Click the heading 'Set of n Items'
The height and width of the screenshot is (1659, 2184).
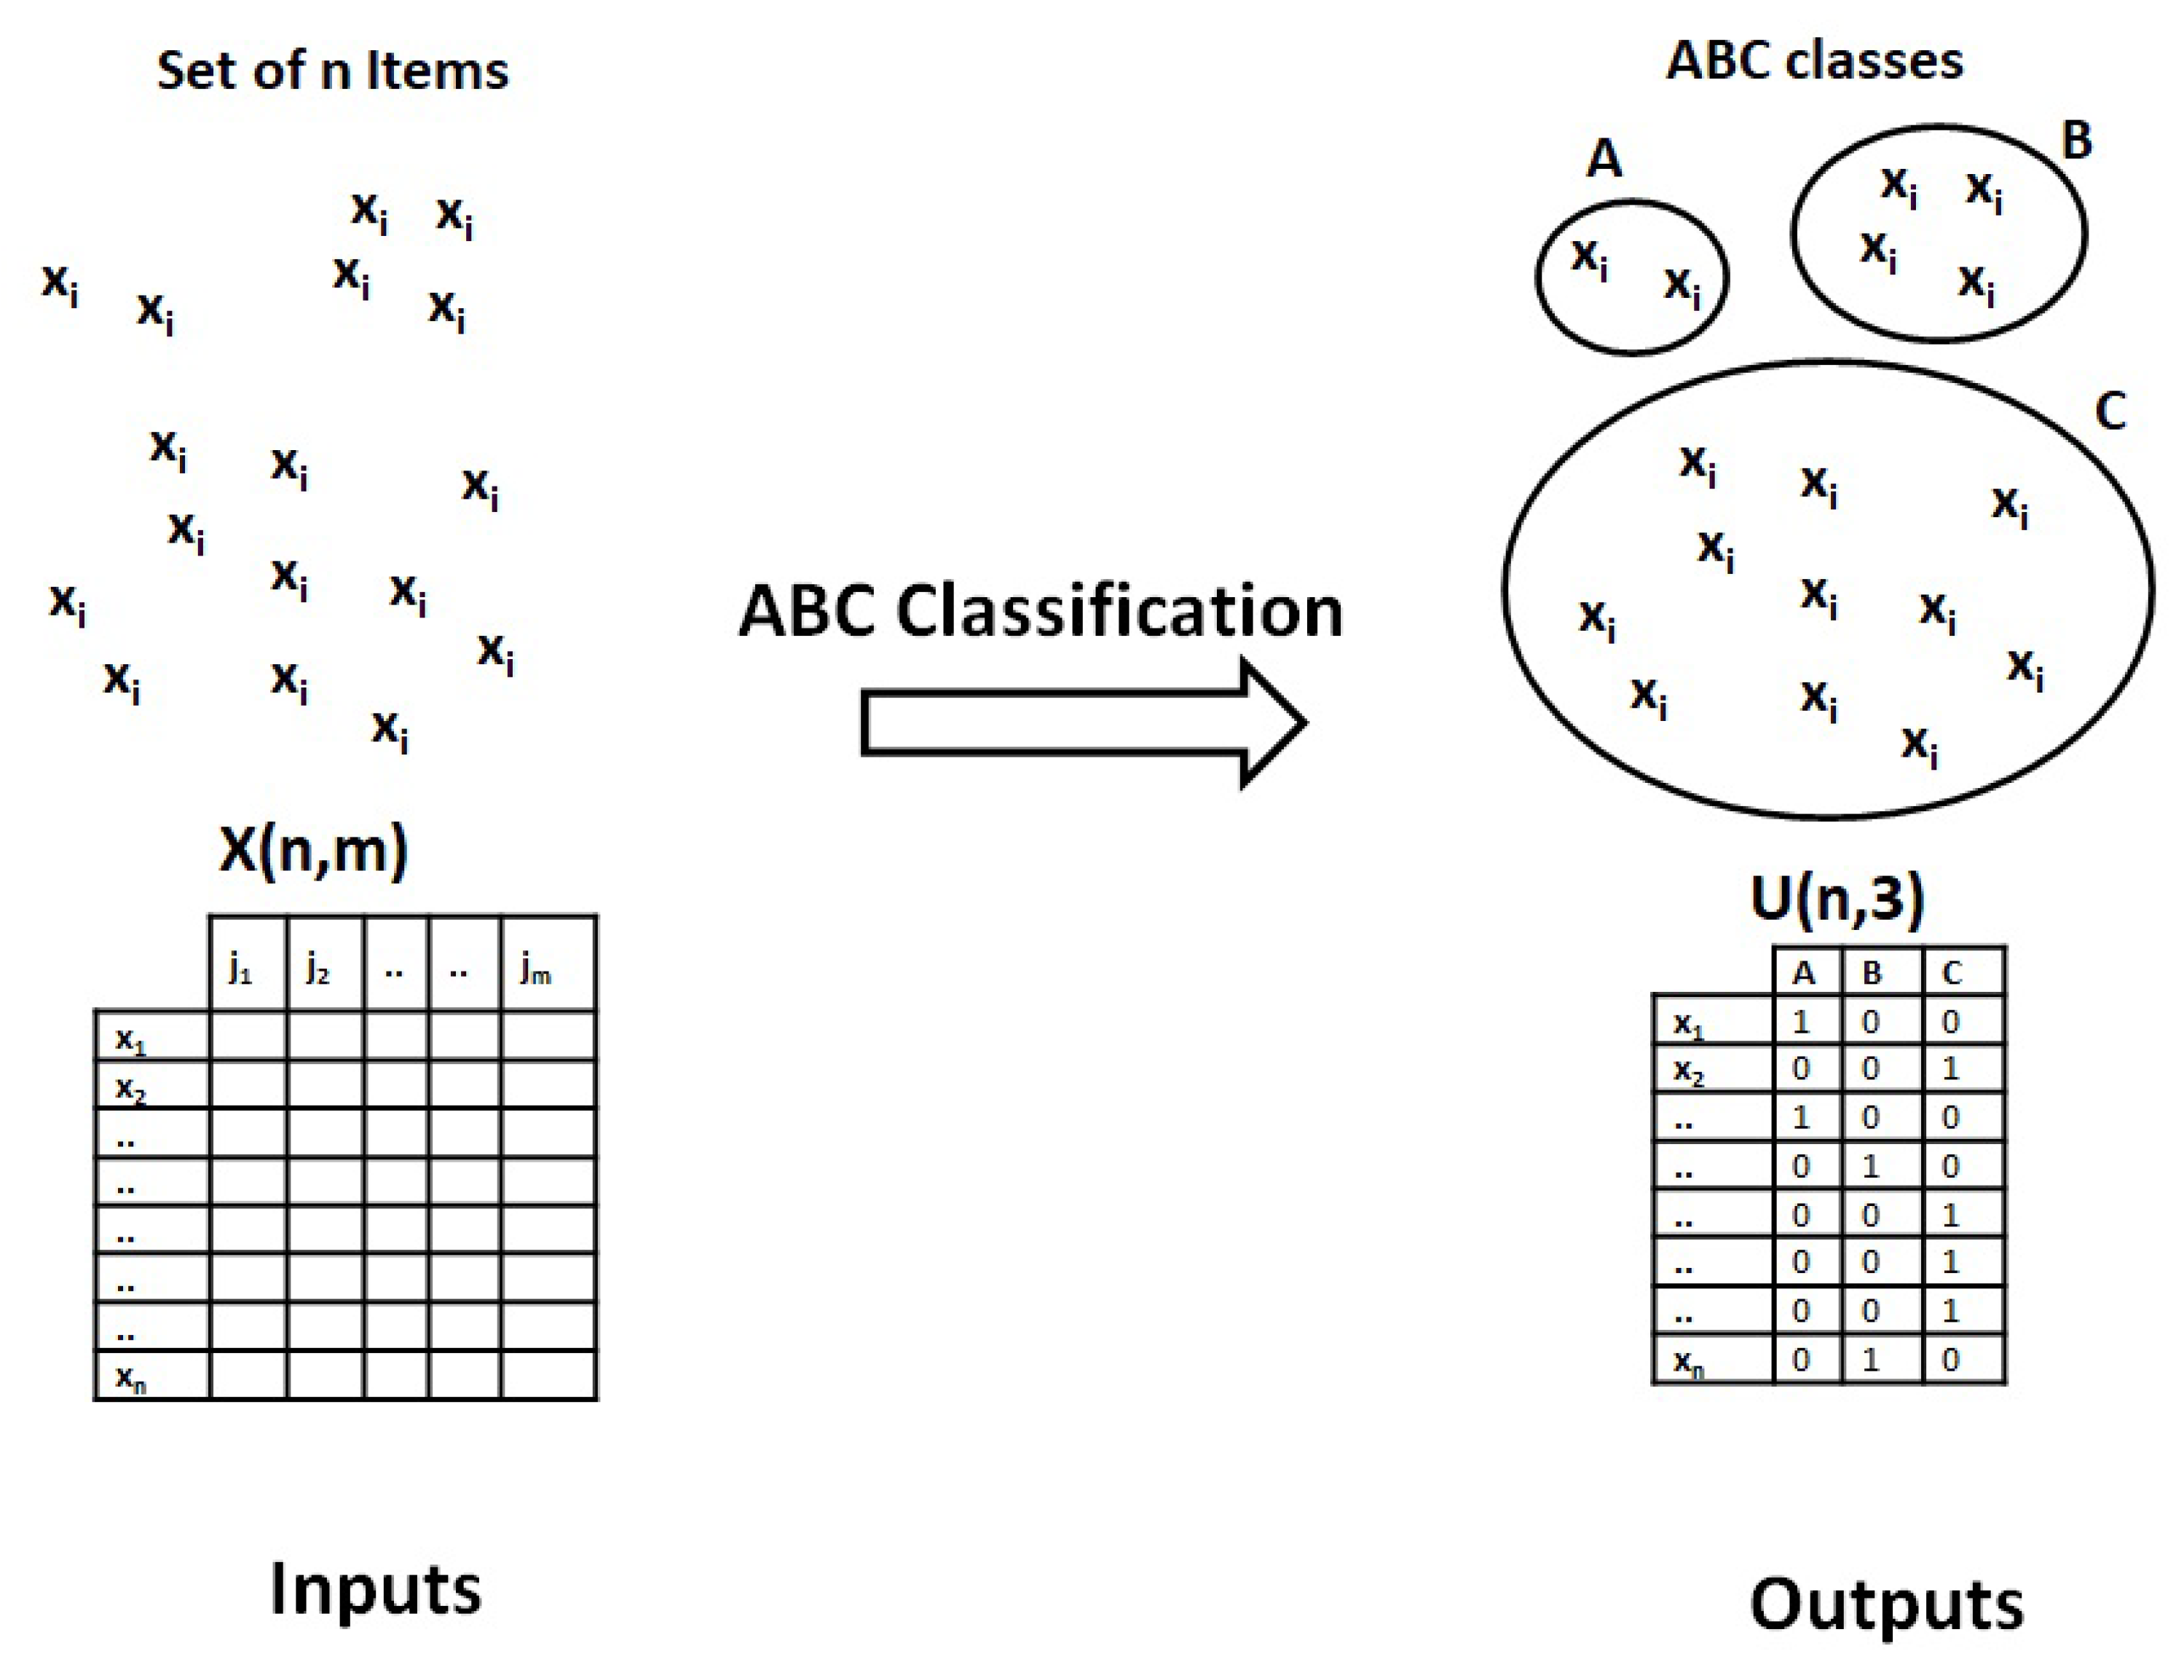click(x=333, y=71)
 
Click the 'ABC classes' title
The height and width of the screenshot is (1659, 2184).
click(x=1814, y=61)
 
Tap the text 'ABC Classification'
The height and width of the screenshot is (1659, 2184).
click(x=1041, y=611)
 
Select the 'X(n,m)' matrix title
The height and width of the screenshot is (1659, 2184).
click(x=313, y=849)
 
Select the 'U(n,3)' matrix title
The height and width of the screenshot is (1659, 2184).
click(x=1837, y=899)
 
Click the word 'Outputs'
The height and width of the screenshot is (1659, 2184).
click(x=1887, y=1604)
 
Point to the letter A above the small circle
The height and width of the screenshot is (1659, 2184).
click(x=1604, y=158)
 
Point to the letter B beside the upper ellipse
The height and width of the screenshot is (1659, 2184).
click(x=2076, y=141)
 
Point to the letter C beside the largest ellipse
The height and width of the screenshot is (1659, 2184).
click(x=2110, y=410)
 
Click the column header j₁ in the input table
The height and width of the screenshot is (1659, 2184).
click(x=241, y=970)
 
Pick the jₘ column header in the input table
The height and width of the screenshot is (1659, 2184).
click(x=536, y=970)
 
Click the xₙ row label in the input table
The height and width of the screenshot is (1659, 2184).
click(x=131, y=1376)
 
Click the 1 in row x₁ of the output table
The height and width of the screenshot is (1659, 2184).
click(x=1801, y=1022)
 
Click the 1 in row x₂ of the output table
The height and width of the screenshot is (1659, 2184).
click(x=1950, y=1069)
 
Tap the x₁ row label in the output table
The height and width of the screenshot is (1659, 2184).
click(x=1690, y=1025)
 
